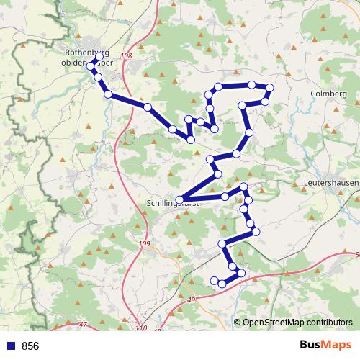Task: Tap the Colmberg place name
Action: click(328, 94)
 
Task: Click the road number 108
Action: click(127, 56)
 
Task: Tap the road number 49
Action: click(191, 299)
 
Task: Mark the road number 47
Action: click(83, 325)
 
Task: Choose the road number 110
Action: click(139, 329)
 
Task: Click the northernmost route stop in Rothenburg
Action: click(99, 56)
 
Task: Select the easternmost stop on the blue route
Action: click(270, 89)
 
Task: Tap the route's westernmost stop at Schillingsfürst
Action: click(179, 199)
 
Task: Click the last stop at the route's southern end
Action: click(214, 279)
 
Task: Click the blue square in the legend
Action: click(9, 346)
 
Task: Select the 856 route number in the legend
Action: click(30, 346)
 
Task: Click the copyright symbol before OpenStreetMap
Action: click(238, 323)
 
